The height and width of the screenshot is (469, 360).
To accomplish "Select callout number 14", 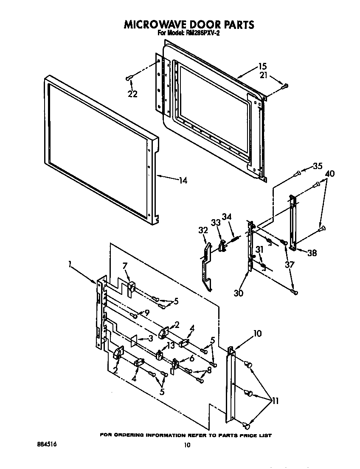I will click(182, 181).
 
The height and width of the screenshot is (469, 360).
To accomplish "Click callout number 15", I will click(262, 66).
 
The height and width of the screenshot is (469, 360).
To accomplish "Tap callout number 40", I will click(330, 173).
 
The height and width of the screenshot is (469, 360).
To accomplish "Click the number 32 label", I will click(203, 230).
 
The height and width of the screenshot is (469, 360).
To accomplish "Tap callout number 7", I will click(124, 266).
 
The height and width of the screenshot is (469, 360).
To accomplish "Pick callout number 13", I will click(170, 345).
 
